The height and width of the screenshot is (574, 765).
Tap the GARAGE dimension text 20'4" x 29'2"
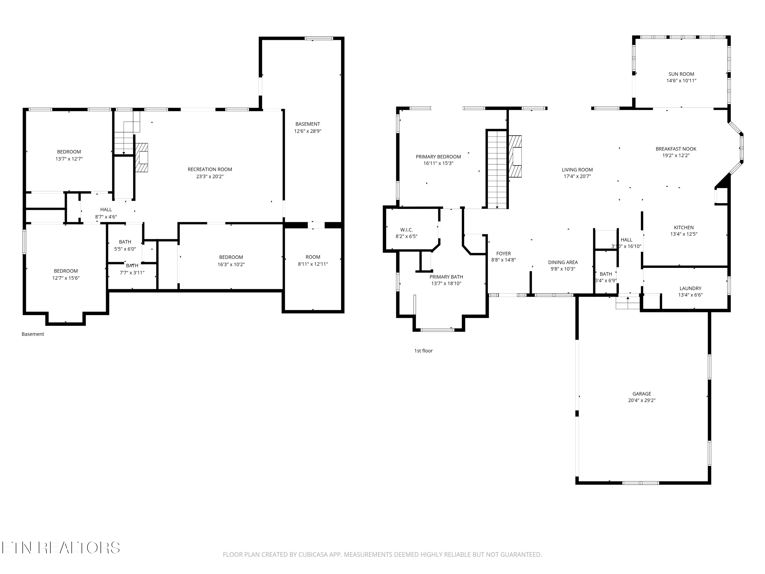[642, 400]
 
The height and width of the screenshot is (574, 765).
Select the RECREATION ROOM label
[210, 169]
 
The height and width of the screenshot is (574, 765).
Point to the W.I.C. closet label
[406, 230]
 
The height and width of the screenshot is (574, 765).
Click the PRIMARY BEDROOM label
[438, 157]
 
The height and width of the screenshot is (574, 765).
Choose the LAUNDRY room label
[690, 288]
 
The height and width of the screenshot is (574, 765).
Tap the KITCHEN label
[684, 227]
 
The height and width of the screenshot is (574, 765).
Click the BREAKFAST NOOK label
[676, 149]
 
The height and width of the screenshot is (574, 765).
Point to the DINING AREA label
[563, 262]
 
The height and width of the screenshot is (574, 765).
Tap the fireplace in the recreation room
[142, 158]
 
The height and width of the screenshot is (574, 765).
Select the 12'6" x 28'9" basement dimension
[308, 131]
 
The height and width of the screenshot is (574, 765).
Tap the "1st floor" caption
[423, 351]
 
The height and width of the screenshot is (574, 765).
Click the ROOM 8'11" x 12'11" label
[313, 260]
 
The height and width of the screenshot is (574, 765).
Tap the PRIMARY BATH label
[446, 277]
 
